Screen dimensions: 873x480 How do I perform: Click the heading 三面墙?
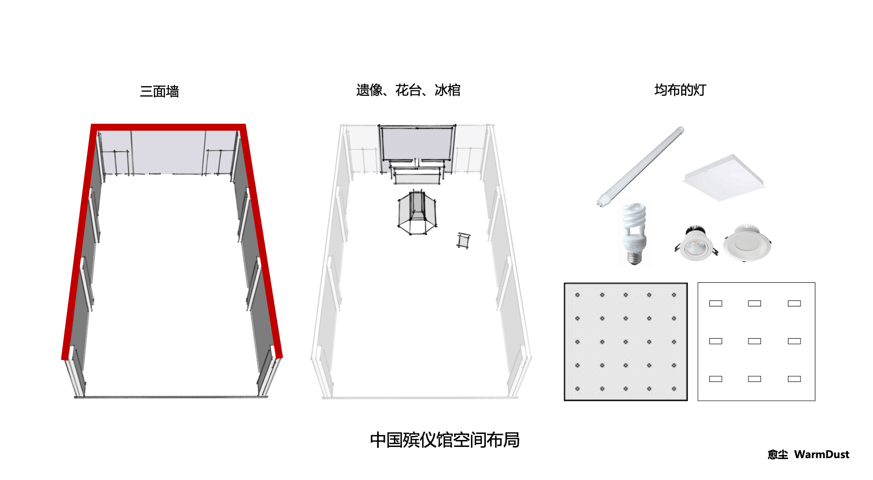(x=159, y=91)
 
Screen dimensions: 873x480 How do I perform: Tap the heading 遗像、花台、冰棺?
(x=408, y=90)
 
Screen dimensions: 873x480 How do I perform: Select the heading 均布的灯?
(x=680, y=90)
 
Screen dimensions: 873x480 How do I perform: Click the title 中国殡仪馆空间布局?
(x=444, y=440)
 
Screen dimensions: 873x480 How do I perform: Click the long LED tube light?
(x=641, y=167)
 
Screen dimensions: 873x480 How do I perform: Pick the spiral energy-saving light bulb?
(x=635, y=234)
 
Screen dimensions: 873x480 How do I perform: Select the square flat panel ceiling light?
(x=724, y=178)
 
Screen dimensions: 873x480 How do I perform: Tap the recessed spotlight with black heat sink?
(x=696, y=244)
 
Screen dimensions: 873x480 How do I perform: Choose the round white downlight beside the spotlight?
(x=747, y=243)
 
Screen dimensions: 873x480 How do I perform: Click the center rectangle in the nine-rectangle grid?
(x=754, y=341)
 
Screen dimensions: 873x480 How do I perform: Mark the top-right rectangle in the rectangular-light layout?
(x=794, y=303)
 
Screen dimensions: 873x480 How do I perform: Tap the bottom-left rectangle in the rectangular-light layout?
(x=716, y=379)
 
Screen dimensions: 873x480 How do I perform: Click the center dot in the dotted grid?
(x=626, y=342)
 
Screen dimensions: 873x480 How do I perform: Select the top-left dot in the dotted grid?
(x=577, y=295)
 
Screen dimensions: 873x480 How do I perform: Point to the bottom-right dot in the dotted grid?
(x=674, y=389)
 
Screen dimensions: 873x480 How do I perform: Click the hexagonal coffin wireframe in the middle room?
(x=417, y=213)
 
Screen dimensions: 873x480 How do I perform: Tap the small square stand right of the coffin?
(x=463, y=240)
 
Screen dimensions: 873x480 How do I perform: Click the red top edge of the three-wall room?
(x=168, y=127)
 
